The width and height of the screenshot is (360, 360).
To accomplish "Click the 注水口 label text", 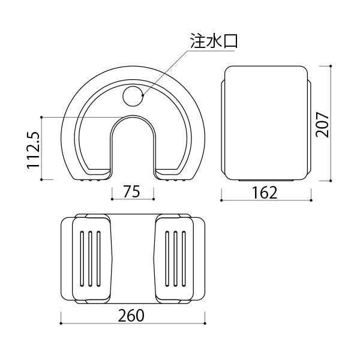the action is coord(214,41).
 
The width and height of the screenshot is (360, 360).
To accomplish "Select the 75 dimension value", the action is coord(131,192).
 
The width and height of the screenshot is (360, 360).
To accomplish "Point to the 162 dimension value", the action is coord(265,193).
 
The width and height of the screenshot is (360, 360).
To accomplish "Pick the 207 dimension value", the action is coord(322,125).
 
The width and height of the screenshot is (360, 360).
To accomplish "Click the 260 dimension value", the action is coord(131,316).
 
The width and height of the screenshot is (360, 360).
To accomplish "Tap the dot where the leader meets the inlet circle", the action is coord(143,95).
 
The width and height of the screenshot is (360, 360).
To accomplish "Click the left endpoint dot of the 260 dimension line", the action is coord(61,323).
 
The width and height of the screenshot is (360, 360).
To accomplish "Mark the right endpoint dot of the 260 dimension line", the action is coord(205,323).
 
